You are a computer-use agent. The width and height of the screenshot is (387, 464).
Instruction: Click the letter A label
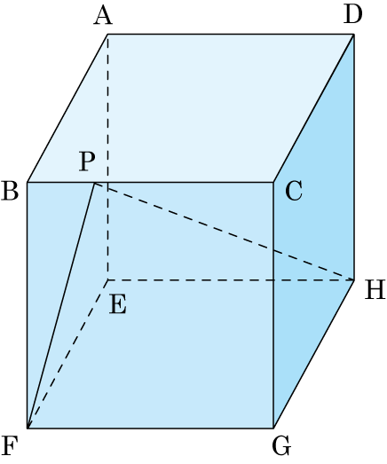click(103, 16)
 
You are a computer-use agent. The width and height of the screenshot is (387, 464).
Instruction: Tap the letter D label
click(353, 14)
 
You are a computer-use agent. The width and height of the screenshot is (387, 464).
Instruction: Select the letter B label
click(10, 191)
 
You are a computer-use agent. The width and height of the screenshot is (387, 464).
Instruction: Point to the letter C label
click(294, 191)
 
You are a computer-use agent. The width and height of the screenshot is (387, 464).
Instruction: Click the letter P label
click(87, 161)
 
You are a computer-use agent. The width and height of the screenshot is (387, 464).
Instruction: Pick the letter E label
click(118, 305)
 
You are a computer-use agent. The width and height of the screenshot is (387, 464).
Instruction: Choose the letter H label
click(375, 290)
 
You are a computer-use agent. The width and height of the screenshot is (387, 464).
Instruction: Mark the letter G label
click(281, 446)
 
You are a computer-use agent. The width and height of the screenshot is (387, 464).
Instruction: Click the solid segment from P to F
click(60, 306)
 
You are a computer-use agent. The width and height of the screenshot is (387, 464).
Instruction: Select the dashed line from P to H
click(225, 232)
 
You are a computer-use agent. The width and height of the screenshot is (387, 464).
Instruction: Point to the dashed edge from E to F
click(67, 354)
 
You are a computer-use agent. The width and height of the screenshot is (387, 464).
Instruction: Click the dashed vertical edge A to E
click(107, 157)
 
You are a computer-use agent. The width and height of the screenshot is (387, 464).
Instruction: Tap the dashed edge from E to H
click(231, 279)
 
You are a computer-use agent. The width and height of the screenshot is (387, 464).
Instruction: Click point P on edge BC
click(94, 184)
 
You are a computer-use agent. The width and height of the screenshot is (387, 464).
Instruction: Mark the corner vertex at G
click(273, 428)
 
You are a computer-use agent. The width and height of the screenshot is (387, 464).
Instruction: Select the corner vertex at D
click(354, 35)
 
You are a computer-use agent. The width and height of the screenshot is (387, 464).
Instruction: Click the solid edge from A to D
click(231, 35)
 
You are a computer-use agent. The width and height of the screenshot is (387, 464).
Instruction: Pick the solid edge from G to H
click(313, 354)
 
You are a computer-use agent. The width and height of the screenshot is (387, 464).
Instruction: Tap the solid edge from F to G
click(150, 428)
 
